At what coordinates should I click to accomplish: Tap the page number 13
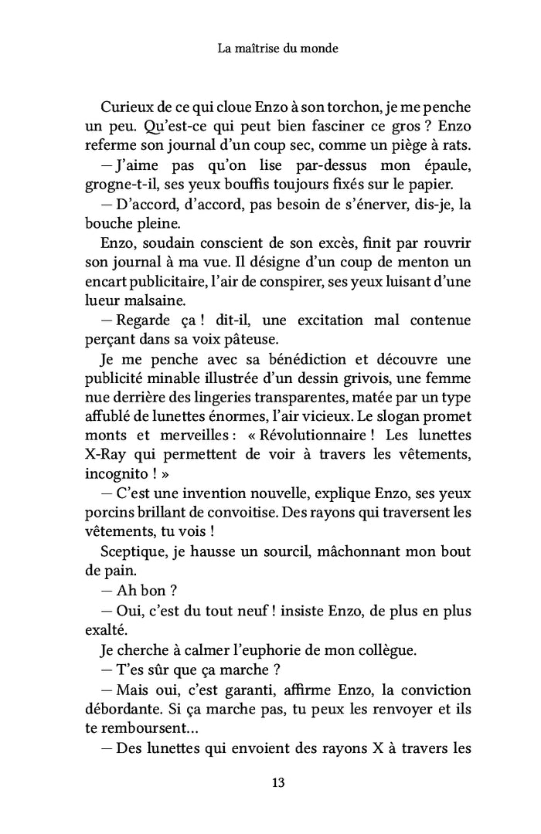279,782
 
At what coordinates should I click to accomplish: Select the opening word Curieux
128,106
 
